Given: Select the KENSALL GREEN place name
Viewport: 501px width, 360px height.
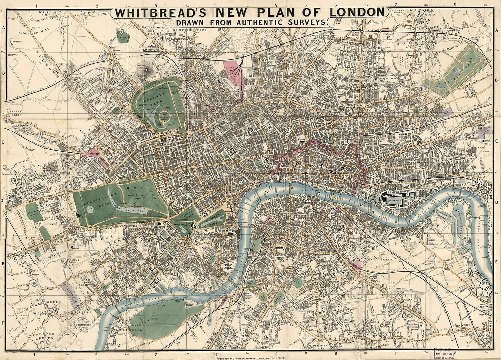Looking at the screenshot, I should tap(13, 112).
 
